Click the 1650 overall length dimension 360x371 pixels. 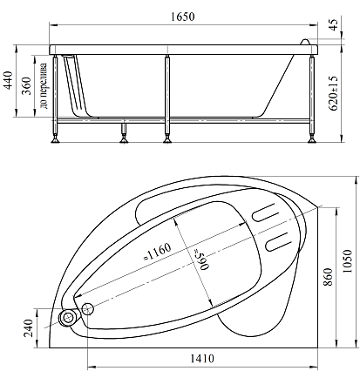[182, 17]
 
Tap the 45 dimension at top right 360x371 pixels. [334, 24]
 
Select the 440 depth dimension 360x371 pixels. [8, 80]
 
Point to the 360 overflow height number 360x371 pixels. [27, 86]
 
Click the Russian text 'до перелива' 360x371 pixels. [44, 86]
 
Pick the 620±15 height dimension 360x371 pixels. [333, 93]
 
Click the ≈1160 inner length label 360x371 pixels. [157, 252]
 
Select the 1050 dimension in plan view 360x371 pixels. [347, 261]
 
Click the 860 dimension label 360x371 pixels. [328, 277]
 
